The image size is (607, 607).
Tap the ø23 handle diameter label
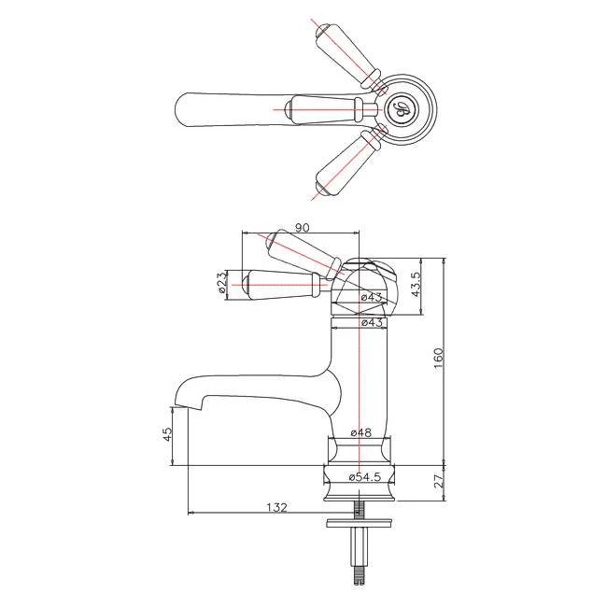coord(222,284)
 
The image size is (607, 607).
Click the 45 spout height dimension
coord(168,435)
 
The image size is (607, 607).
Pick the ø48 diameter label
coord(361,433)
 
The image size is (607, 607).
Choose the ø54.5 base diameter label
coord(364,477)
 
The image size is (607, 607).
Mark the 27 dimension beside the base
coord(440,482)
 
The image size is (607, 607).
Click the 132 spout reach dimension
coord(275,507)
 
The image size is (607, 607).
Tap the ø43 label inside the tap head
coord(372,297)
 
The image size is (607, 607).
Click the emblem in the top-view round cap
coord(402,110)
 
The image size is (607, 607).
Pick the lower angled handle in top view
coord(346,162)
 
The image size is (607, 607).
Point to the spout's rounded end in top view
coord(187,108)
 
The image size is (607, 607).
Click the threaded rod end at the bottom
coord(359,575)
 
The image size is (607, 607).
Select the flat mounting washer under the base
coord(359,524)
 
